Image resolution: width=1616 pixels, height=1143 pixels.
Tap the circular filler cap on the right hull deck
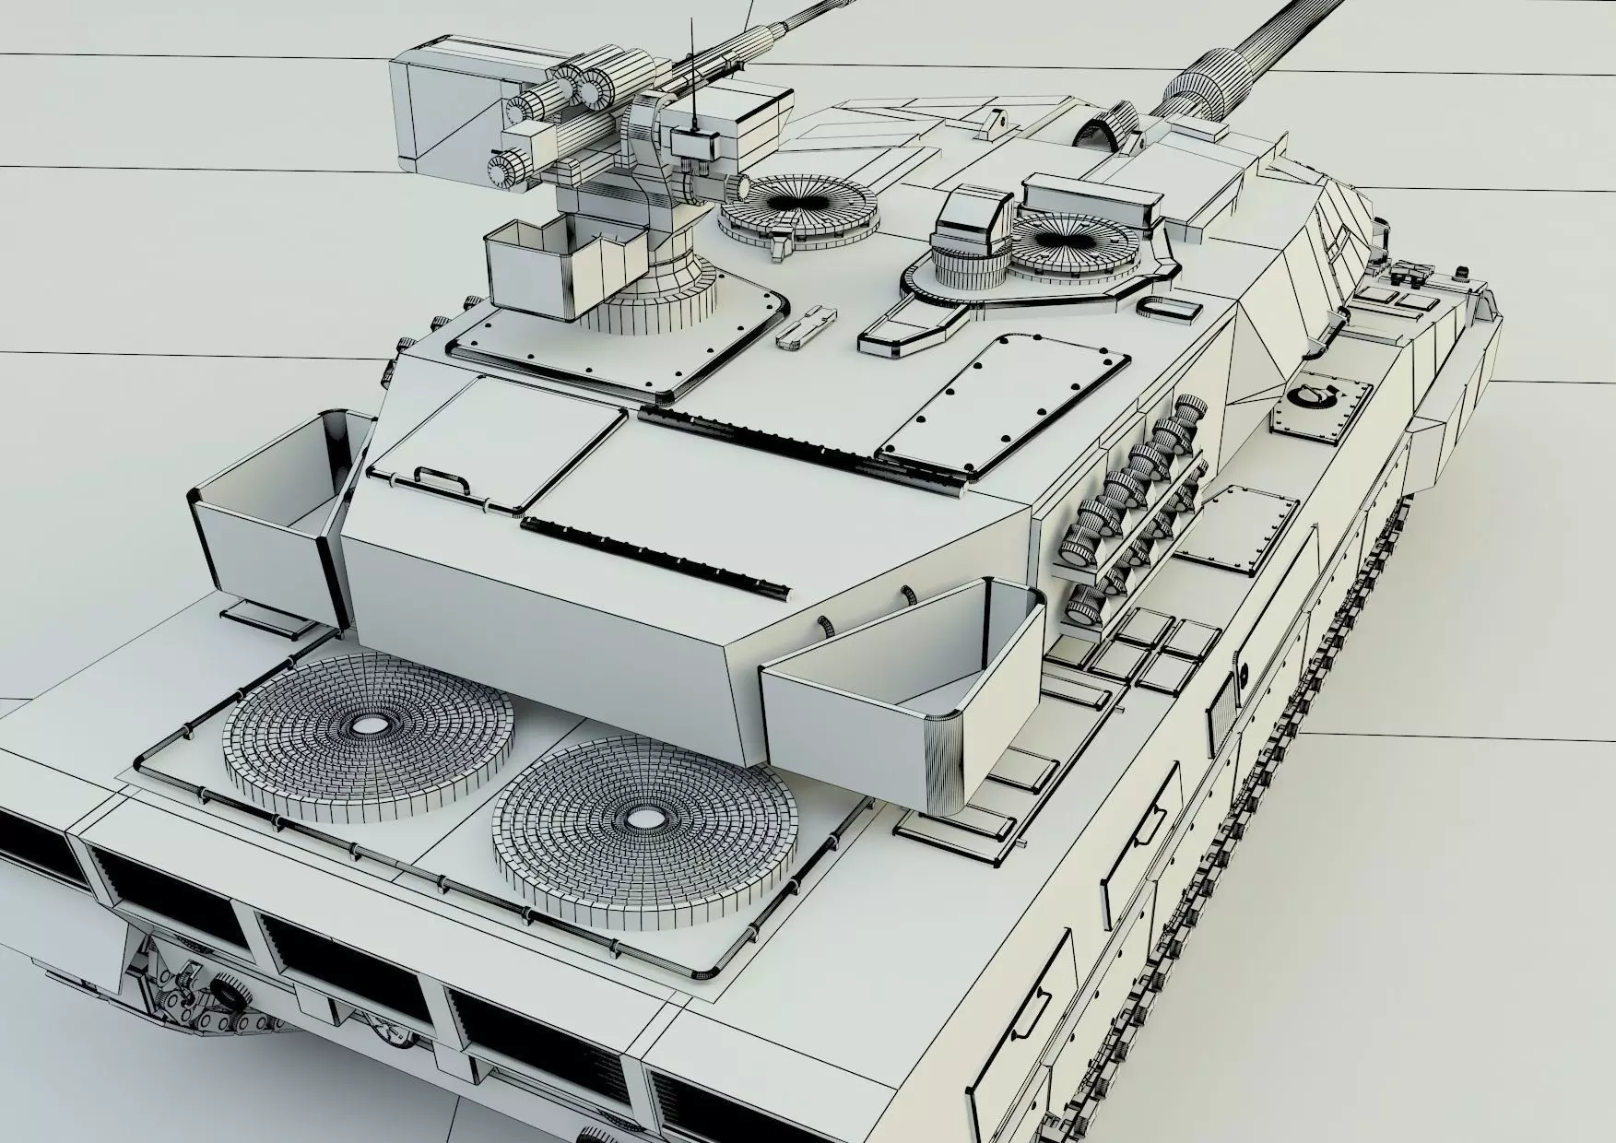click(1314, 397)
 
